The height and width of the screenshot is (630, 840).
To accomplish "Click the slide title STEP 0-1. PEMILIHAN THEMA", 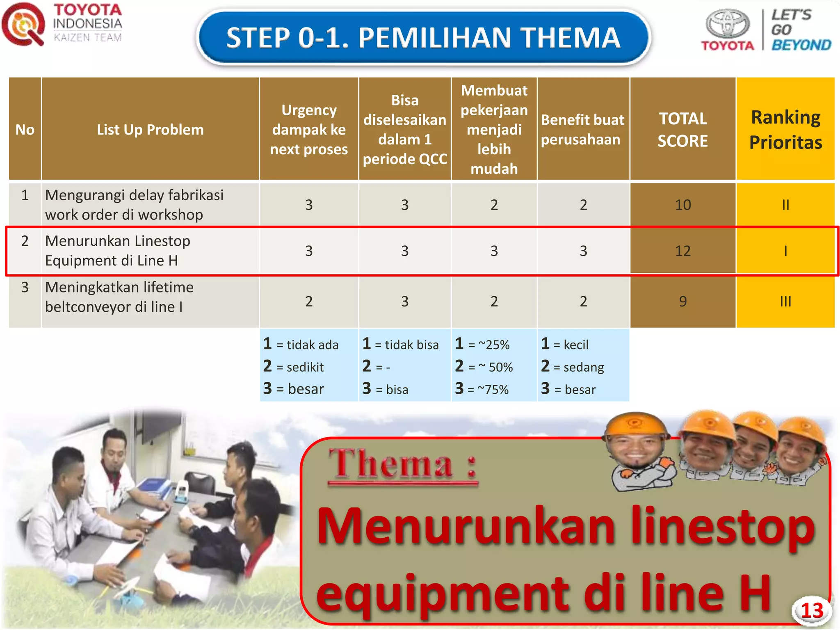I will pos(423,38).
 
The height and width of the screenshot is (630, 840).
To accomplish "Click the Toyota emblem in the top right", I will pos(727,24).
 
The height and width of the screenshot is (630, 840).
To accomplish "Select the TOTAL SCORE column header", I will pos(682,130).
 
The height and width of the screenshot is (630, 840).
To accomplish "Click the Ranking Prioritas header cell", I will pos(785,130).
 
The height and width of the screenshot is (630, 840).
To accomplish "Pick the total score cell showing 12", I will pos(682,251).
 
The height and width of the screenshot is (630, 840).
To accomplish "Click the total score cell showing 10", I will pos(682,205).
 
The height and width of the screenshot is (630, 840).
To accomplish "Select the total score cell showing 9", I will pos(682,301).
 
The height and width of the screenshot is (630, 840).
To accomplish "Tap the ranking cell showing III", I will pos(785,301).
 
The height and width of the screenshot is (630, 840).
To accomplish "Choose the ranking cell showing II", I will pos(785,205).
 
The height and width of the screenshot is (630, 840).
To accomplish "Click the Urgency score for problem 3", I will pos(309,301).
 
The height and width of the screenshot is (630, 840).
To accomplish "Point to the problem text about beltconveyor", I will pos(119,297).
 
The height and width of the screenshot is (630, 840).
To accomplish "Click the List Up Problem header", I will pos(150,130).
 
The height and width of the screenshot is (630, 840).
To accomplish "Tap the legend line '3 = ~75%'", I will pos(482,389).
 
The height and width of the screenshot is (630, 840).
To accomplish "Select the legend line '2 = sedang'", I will pos(573,367).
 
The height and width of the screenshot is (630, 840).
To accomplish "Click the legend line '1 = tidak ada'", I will pos(301,345).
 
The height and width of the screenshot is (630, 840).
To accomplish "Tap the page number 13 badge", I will pos(812,611).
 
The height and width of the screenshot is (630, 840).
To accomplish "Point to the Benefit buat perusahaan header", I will pos(582,130).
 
